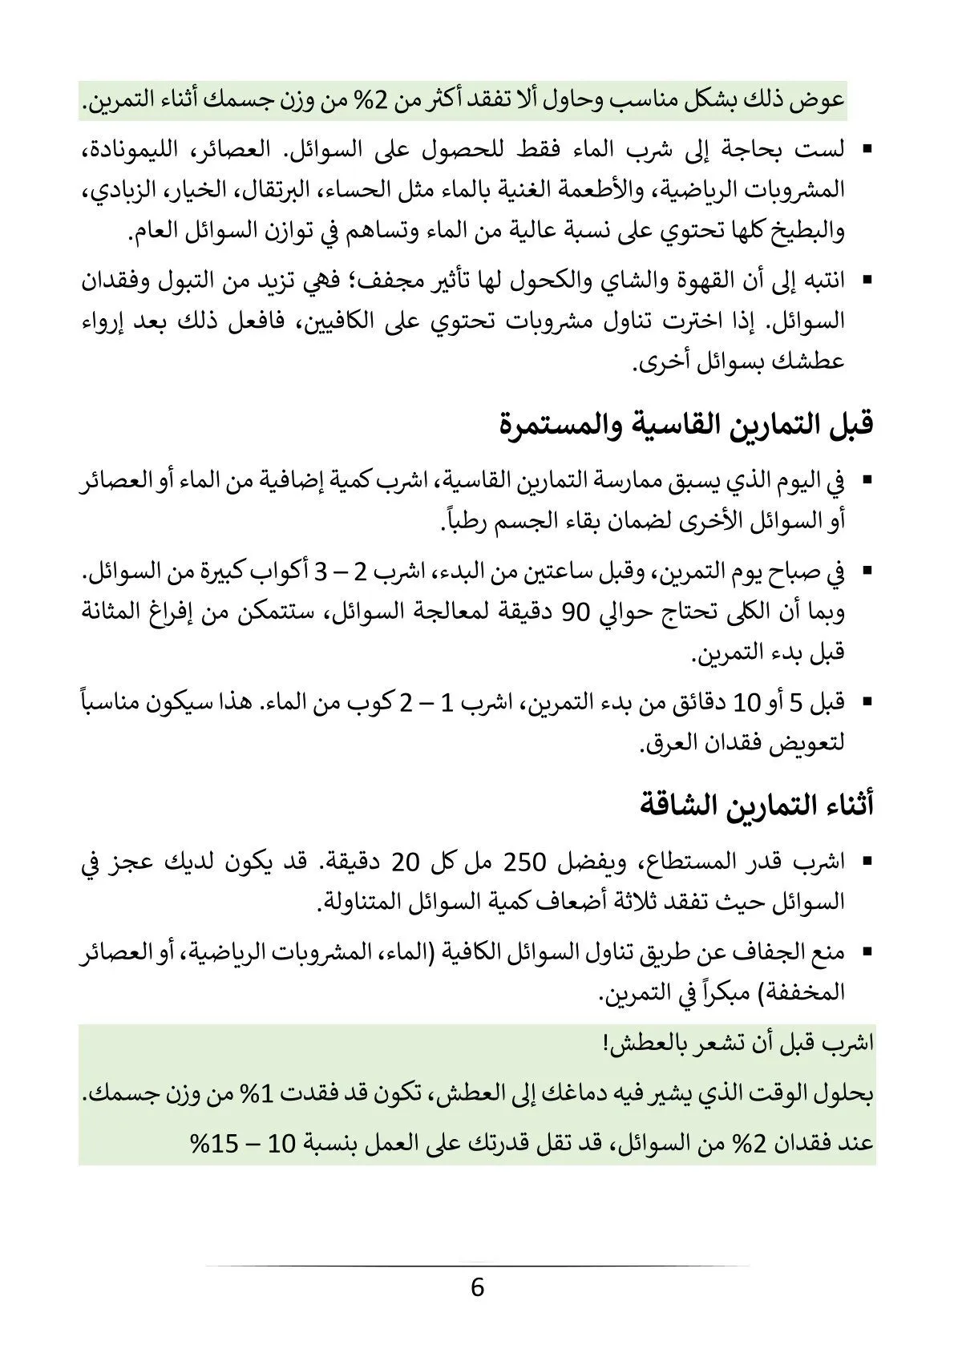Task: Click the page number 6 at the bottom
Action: coord(477,1288)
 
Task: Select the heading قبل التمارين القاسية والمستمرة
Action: coord(685,424)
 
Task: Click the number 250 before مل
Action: coord(523,862)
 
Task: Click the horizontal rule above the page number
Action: coord(477,1266)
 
